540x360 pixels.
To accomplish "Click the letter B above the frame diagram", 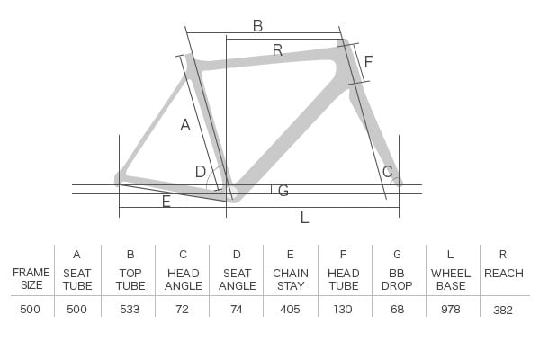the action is tap(257, 26).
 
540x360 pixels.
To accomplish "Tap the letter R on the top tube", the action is tap(277, 50).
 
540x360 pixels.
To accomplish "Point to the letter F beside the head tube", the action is tap(368, 62).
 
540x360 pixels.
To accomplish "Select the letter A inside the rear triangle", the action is tap(185, 125).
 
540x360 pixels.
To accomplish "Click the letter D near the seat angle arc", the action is tap(201, 172).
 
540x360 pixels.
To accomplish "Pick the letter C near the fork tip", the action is tap(387, 172).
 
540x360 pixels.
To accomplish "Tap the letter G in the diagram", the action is tap(283, 191).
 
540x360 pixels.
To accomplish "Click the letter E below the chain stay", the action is tap(166, 202).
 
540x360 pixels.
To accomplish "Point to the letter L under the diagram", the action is tap(304, 218).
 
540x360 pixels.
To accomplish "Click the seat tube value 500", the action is tap(76, 309).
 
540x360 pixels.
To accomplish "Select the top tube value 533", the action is tap(130, 309).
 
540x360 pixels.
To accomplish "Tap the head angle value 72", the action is tap(182, 309).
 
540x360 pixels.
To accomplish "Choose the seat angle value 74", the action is tap(236, 309).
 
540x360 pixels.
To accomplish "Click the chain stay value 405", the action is tap(290, 309).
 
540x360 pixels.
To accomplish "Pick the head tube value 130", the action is tap(343, 309).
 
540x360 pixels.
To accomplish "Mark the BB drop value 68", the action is tap(397, 309).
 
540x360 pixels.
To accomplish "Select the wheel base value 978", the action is tap(451, 309).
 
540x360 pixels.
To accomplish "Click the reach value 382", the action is tap(503, 310).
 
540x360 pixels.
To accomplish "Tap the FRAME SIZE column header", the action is tap(31, 279).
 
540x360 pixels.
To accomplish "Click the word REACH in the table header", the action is tap(504, 274).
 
